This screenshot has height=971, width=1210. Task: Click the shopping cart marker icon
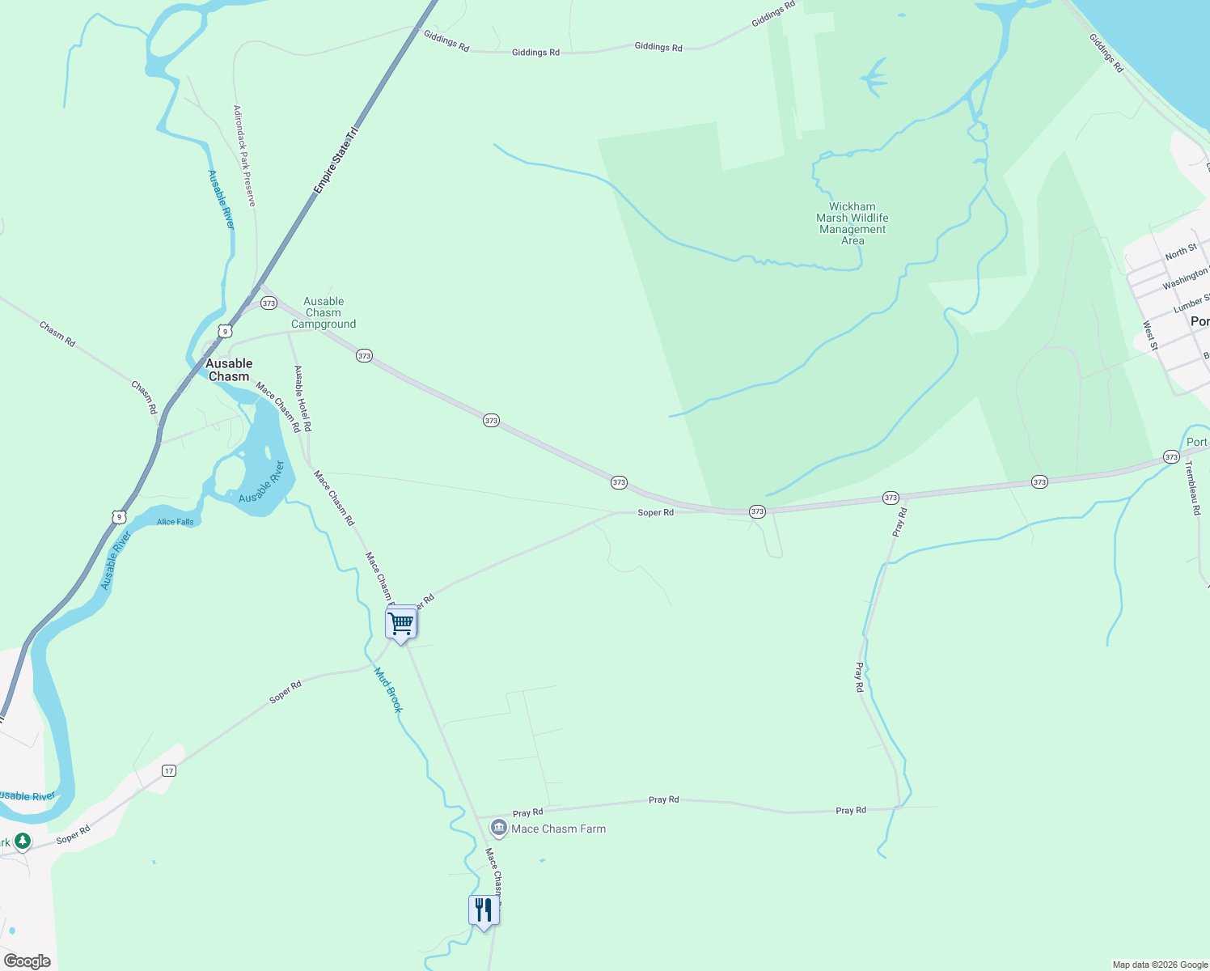[x=401, y=623]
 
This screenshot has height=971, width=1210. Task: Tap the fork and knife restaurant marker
[x=483, y=910]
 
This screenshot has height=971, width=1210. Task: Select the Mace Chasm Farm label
[x=558, y=829]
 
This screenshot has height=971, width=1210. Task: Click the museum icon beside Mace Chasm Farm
[x=499, y=828]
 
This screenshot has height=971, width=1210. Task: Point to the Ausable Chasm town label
[x=229, y=370]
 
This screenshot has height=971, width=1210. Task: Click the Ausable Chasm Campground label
[x=324, y=313]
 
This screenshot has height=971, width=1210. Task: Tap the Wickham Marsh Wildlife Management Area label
[x=852, y=223]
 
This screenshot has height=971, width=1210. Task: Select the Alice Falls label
[x=176, y=522]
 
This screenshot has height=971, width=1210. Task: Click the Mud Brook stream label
[x=388, y=689]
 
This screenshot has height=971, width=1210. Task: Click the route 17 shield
[x=168, y=770]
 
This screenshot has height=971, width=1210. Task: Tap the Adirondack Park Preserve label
[x=244, y=155]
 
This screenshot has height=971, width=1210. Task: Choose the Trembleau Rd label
[x=1194, y=488]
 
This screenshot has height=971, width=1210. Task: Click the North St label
[x=1181, y=252]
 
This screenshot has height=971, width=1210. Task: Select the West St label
[x=1149, y=336]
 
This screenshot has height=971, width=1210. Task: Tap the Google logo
[x=27, y=961]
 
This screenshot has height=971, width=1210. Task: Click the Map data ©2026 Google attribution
[x=1160, y=965]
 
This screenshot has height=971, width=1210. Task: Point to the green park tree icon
[x=23, y=842]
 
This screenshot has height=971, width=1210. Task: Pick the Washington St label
[x=1185, y=279]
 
